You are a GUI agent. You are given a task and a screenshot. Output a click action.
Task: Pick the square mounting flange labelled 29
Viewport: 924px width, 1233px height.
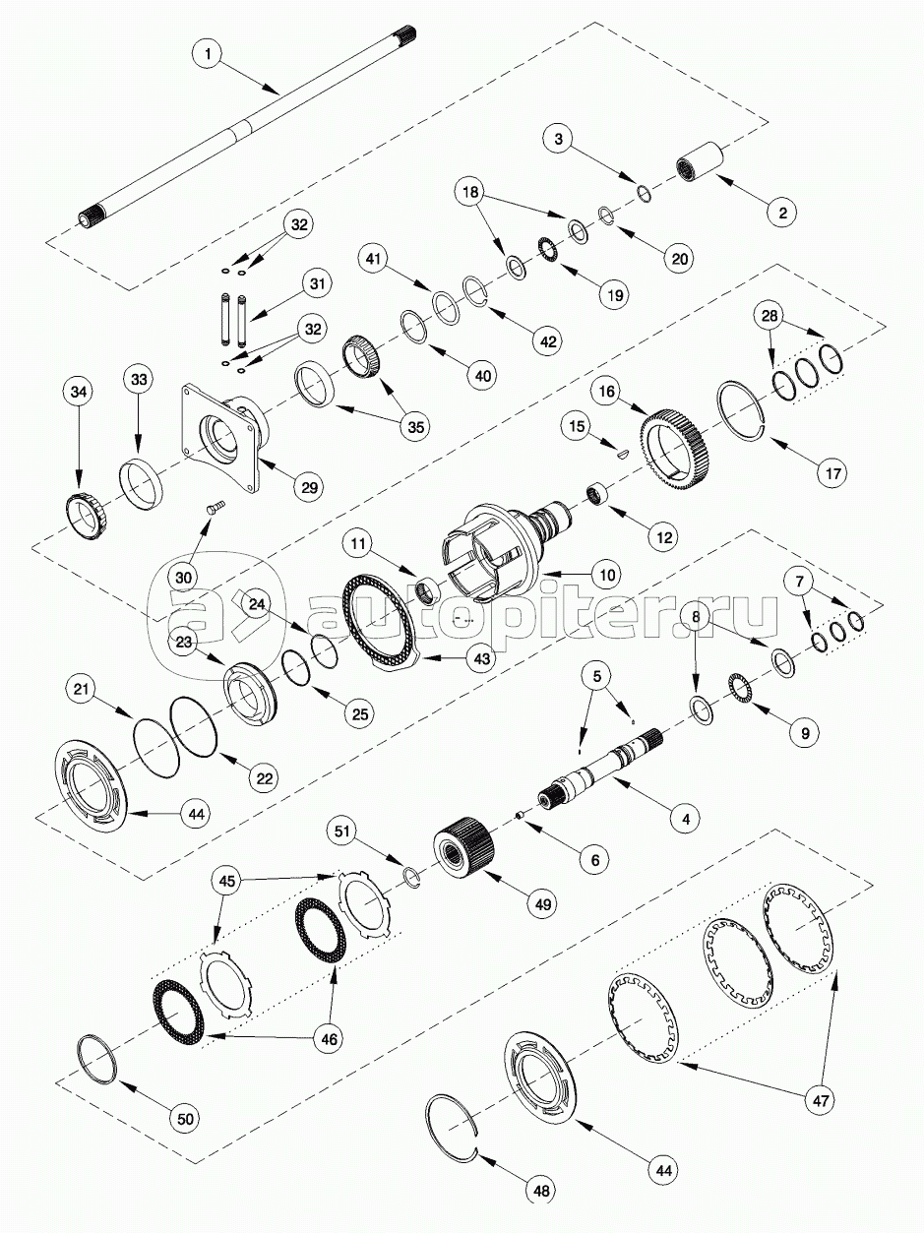(x=228, y=436)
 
